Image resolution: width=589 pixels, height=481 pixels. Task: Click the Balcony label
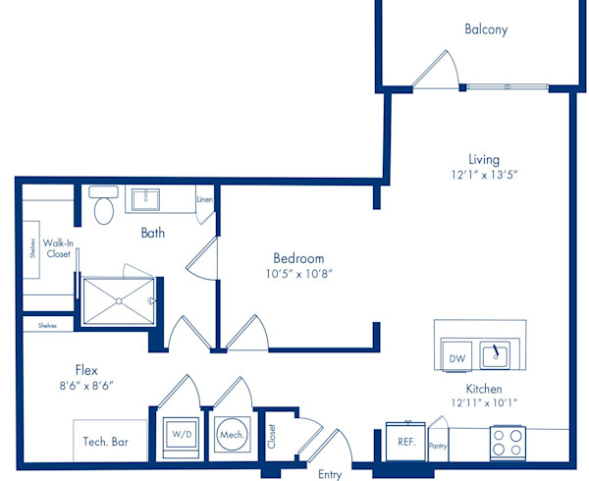click(486, 29)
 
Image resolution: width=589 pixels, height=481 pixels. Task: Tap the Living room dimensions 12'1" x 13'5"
click(484, 175)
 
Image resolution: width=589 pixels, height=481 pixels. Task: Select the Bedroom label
click(298, 258)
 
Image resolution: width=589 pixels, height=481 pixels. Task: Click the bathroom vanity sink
click(145, 199)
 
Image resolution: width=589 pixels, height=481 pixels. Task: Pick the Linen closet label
click(205, 199)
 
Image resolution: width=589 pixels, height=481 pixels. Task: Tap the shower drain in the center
click(119, 300)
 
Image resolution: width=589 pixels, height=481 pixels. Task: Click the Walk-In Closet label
click(58, 248)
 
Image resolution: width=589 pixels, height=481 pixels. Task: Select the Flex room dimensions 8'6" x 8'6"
click(86, 386)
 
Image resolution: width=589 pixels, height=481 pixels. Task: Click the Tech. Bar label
click(106, 442)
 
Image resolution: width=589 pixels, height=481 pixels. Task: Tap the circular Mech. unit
click(232, 435)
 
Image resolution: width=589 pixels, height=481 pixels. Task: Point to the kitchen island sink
click(495, 354)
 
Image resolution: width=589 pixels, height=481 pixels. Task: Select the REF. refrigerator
click(405, 442)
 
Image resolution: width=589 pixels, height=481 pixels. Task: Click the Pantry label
click(438, 446)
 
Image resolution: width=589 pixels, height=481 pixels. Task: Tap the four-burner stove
click(508, 443)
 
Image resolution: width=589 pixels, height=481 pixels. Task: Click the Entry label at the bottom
click(330, 474)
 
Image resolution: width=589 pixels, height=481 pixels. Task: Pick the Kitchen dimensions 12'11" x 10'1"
click(484, 403)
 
